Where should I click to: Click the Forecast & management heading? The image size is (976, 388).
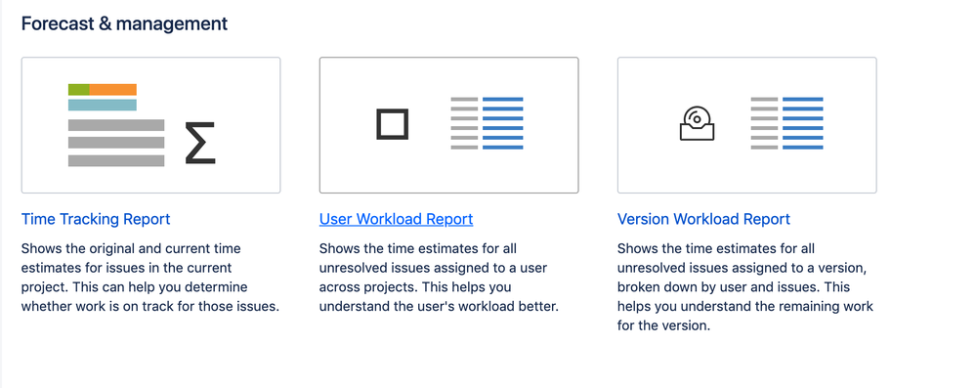[124, 22]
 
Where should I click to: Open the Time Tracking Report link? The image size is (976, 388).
[96, 219]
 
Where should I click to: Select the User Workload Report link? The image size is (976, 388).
[396, 219]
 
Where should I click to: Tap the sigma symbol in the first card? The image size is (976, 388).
[199, 143]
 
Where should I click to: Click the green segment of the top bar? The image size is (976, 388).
[79, 90]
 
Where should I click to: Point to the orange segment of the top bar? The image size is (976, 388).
[113, 90]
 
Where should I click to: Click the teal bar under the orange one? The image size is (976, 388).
[103, 105]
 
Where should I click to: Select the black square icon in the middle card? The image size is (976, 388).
[392, 124]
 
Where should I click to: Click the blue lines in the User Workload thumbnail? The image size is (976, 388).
[503, 124]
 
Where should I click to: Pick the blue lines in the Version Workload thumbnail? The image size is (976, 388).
[802, 124]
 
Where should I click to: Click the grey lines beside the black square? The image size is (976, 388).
[465, 124]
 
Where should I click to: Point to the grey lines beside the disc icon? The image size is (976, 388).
[764, 124]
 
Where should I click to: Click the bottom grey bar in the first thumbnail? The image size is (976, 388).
[116, 160]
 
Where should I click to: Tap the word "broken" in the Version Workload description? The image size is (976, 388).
[640, 287]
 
